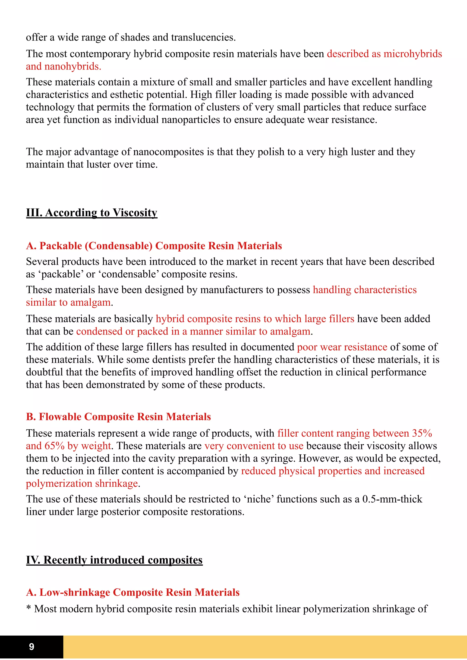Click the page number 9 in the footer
(32, 647)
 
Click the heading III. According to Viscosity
(91, 213)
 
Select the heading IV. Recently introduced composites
(114, 560)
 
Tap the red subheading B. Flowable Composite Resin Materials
(118, 417)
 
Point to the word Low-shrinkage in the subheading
(75, 593)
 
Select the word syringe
(278, 459)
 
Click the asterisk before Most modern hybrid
(29, 608)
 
